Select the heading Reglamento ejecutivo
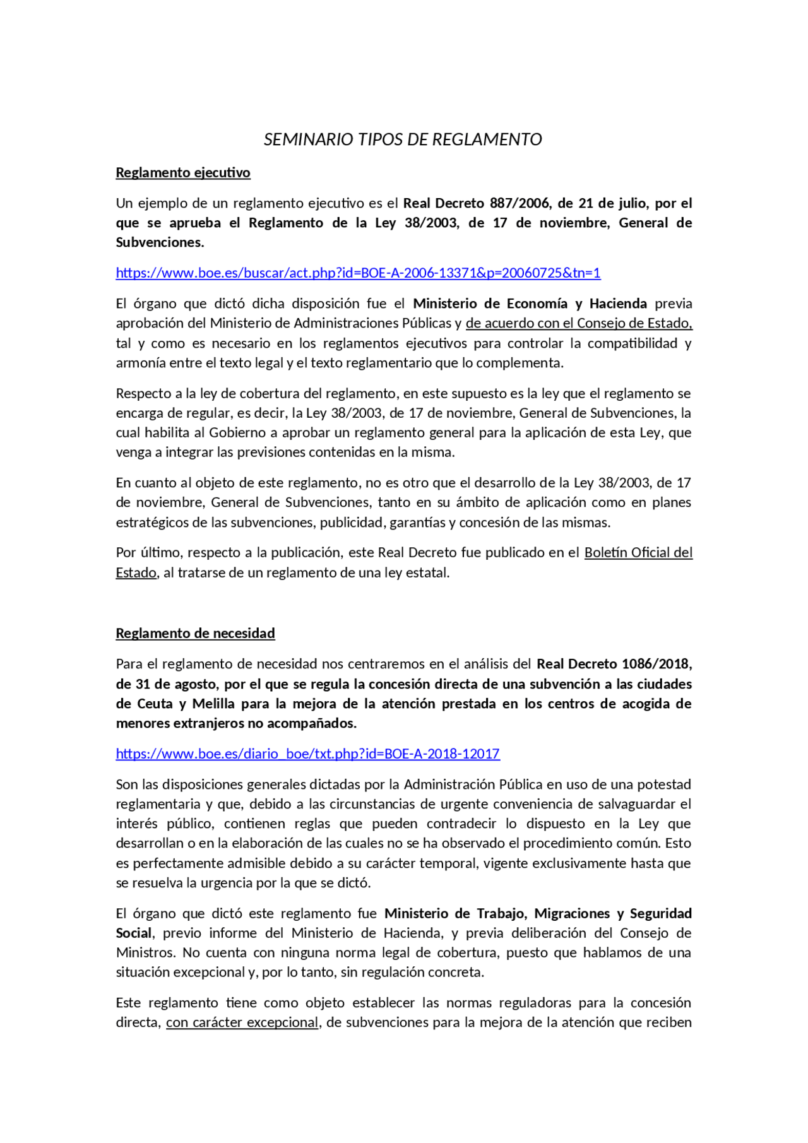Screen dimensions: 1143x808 coord(183,173)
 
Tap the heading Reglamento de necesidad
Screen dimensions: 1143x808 coord(195,633)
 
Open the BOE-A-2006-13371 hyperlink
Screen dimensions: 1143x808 coord(358,273)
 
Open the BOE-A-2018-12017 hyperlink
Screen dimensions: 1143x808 coord(307,754)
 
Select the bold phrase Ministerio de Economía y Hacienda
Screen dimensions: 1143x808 coord(530,304)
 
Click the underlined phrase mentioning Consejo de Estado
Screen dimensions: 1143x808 coord(579,323)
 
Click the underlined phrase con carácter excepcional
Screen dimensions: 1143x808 coord(242,1022)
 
